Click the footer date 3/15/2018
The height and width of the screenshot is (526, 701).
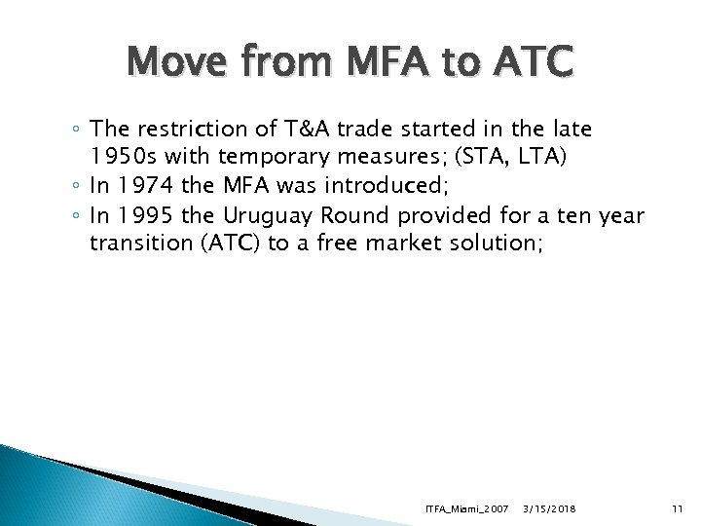click(550, 507)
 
